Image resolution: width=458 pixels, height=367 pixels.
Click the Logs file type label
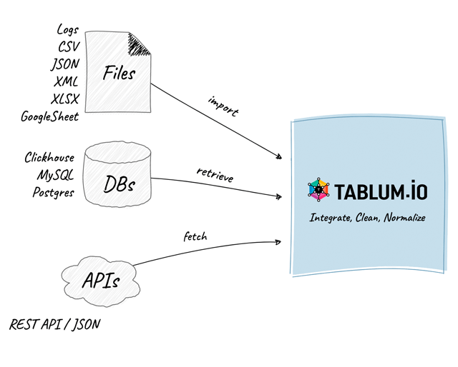(68, 30)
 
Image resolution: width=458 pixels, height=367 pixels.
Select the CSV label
(69, 46)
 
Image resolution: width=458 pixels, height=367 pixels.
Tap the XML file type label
(66, 81)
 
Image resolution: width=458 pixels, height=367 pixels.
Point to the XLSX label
(65, 99)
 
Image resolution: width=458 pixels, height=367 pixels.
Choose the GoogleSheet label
(50, 117)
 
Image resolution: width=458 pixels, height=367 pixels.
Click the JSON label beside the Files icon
(65, 64)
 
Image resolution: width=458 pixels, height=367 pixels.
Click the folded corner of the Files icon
(138, 44)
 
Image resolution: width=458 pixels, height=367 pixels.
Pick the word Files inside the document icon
(119, 73)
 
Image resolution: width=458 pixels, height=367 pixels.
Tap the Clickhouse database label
(49, 157)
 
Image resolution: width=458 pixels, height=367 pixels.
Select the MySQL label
(56, 175)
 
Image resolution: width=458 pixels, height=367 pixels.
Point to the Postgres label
(54, 192)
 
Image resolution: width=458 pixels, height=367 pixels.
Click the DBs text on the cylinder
(120, 184)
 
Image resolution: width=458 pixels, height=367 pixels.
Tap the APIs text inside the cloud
(101, 281)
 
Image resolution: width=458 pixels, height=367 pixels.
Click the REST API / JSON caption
(55, 324)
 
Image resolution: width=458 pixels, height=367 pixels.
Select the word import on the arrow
(224, 106)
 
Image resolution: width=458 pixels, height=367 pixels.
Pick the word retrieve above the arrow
(215, 175)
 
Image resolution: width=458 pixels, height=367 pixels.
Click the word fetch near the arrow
(195, 236)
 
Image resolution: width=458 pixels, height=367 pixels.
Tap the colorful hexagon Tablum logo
(318, 190)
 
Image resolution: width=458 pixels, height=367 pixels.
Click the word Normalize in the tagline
(405, 218)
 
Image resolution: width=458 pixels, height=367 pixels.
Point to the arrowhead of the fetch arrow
(278, 242)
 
